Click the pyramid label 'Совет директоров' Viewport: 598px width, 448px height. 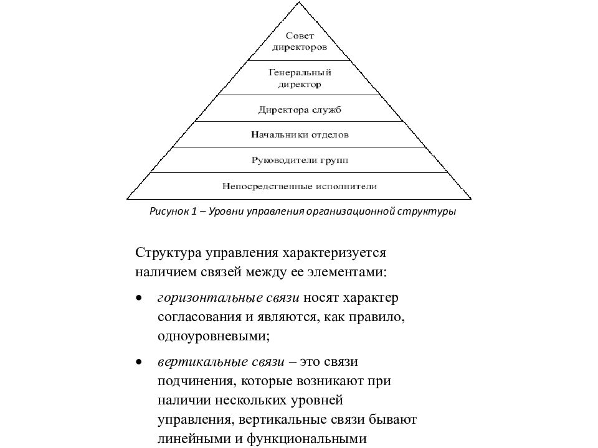[x=300, y=42]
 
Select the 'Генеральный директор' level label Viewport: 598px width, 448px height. [x=300, y=78]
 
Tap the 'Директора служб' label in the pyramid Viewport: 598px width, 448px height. [x=300, y=110]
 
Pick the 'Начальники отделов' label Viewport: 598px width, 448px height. [x=300, y=134]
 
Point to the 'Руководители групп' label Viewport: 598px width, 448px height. [x=300, y=161]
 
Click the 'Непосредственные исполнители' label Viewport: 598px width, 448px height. [x=300, y=186]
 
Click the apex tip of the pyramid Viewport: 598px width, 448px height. [x=299, y=2]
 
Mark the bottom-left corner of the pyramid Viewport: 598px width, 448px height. [x=127, y=199]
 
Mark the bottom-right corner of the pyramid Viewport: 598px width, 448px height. [x=472, y=199]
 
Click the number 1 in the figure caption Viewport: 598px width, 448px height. [x=194, y=211]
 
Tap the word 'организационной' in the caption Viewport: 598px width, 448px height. [x=350, y=212]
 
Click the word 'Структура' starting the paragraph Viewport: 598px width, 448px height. [x=168, y=253]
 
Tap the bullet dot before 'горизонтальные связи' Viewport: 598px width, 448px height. [x=139, y=298]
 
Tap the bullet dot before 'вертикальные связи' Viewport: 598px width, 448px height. [x=139, y=362]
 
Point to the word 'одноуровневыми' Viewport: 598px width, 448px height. [x=214, y=337]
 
